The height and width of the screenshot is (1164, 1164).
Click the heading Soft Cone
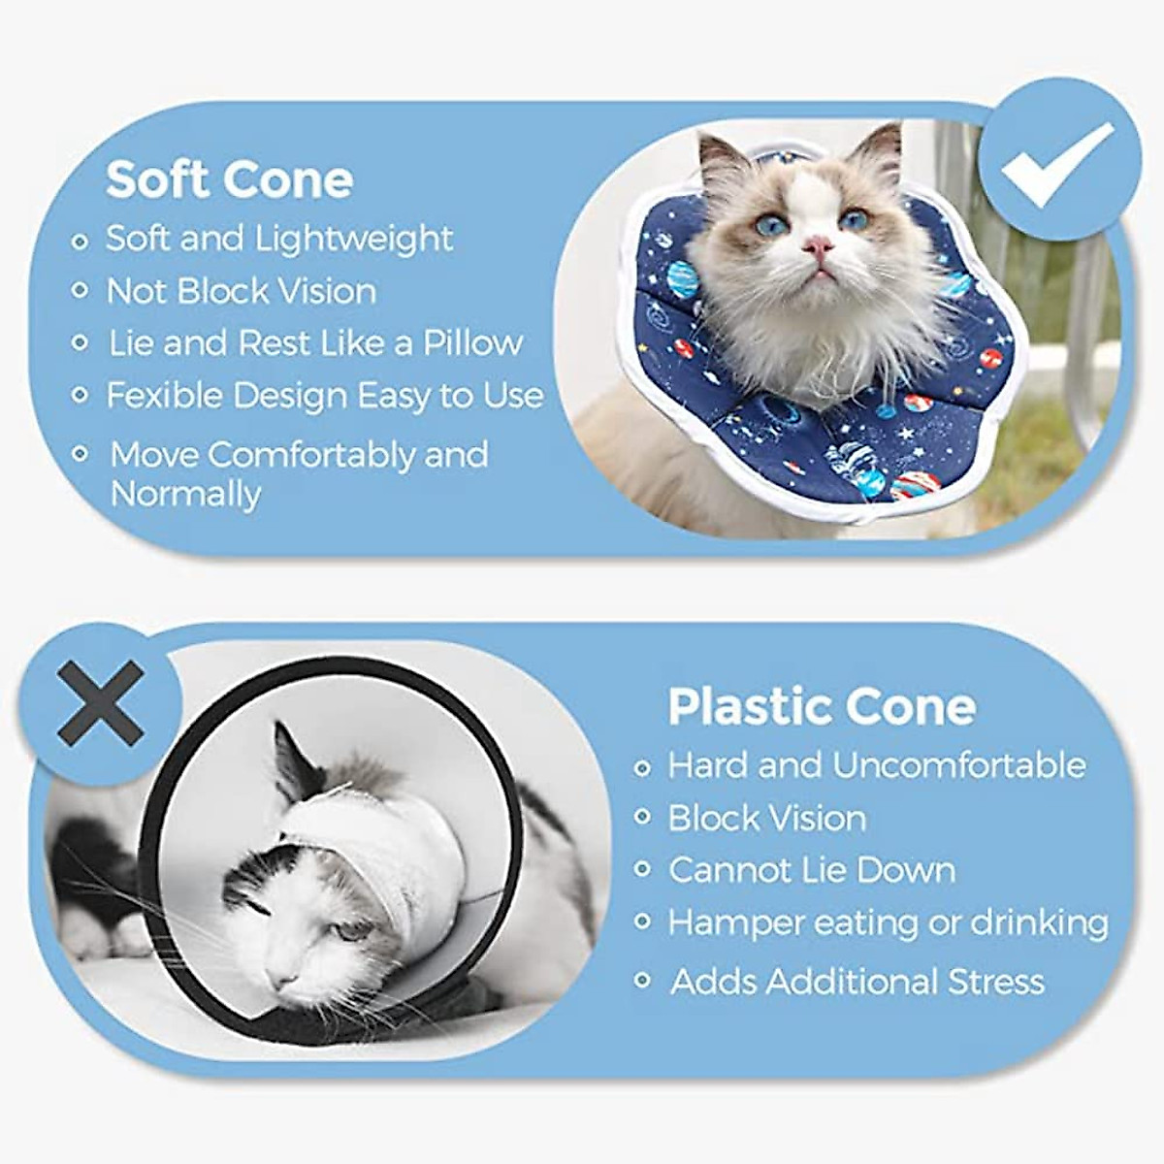coord(230,179)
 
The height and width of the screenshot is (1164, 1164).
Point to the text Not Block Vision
coord(242,291)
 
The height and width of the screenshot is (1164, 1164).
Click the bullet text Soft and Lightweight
coord(279,239)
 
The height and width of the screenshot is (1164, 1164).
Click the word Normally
coord(185,494)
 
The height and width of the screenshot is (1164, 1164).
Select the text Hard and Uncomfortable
coord(877,765)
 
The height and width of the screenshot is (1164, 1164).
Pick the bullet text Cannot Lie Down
coord(812,870)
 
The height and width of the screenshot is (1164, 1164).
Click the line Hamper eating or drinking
coord(888,922)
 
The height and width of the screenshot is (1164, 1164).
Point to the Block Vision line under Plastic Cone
coord(767,818)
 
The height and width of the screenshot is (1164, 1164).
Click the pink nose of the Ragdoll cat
coord(821,244)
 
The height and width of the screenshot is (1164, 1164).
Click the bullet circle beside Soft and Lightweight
coord(81,240)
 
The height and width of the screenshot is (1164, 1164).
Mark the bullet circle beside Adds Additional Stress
coord(641,981)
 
